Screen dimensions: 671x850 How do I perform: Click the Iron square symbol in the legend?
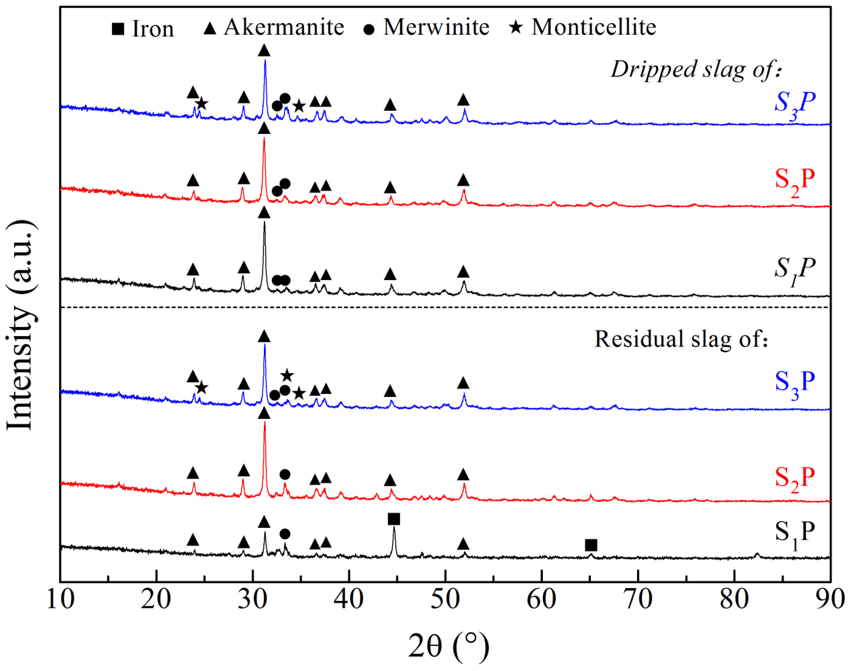tap(118, 29)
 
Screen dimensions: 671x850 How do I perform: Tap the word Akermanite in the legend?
tap(284, 28)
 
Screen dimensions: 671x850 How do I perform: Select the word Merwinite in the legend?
tap(436, 28)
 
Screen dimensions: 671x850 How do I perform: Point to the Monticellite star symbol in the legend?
tap(516, 28)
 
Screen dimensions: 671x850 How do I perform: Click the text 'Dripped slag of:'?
tap(696, 70)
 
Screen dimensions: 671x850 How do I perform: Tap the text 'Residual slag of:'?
tap(681, 339)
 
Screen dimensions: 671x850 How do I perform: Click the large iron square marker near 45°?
tap(394, 519)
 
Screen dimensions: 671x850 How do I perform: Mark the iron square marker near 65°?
tap(591, 545)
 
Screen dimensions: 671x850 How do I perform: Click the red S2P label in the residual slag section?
tap(794, 479)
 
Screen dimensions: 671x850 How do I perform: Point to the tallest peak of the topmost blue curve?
tap(265, 61)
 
